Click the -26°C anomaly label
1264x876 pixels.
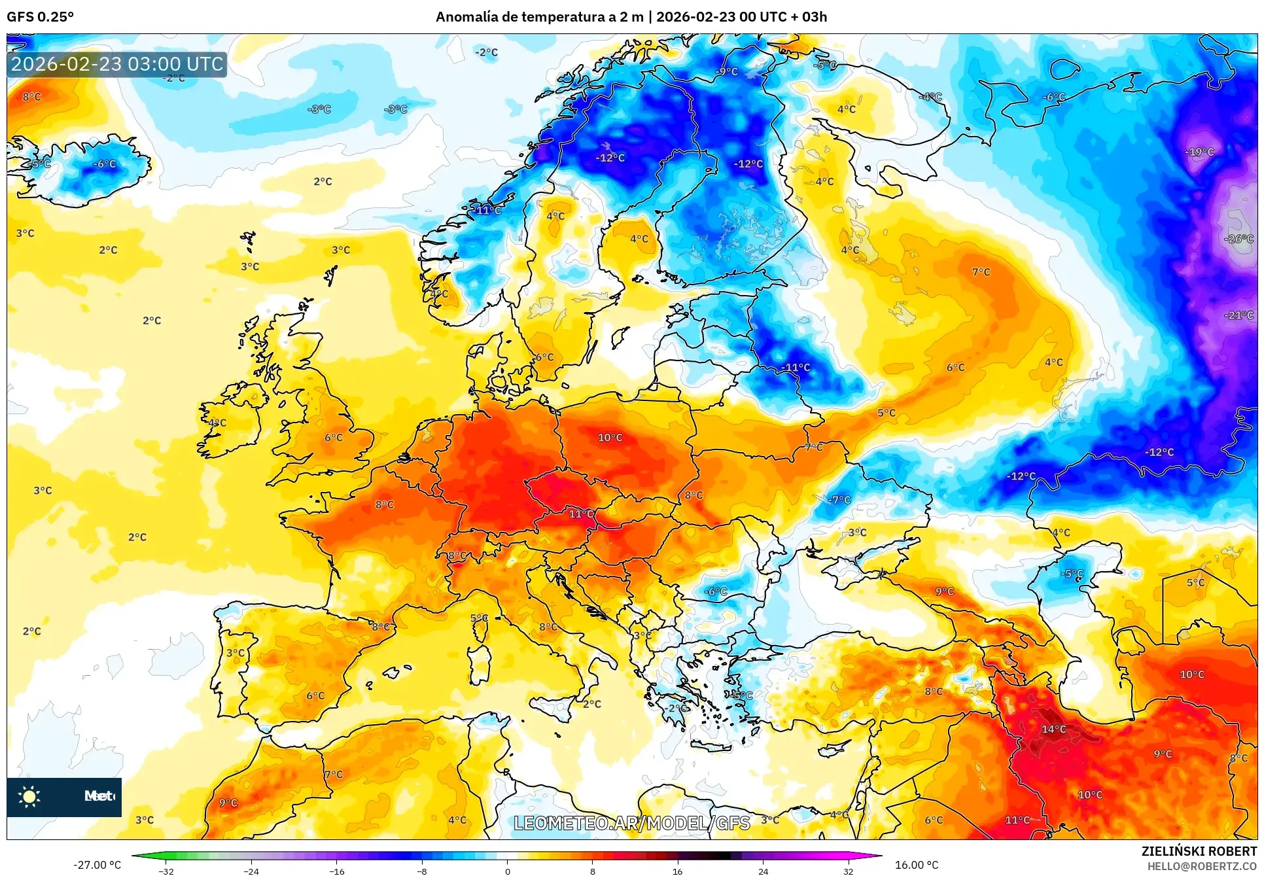click(1238, 239)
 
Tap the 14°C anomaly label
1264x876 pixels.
click(1053, 729)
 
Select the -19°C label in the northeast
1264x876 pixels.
click(1199, 152)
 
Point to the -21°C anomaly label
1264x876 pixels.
click(1238, 315)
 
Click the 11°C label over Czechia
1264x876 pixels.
click(581, 514)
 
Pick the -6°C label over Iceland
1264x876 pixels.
click(104, 164)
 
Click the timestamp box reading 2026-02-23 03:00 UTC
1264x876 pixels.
click(117, 64)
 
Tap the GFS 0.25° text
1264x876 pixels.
click(40, 17)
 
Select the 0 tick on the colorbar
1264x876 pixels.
click(507, 871)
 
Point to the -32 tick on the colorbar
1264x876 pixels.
click(166, 871)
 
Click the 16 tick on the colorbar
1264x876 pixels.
click(677, 871)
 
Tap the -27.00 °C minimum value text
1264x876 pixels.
click(97, 865)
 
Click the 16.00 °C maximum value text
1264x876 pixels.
click(916, 865)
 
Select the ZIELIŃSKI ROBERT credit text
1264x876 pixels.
click(1199, 851)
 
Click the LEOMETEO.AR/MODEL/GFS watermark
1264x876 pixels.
click(631, 823)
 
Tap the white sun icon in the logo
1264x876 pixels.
click(29, 796)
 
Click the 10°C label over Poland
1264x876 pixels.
click(610, 438)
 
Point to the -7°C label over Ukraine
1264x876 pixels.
click(839, 500)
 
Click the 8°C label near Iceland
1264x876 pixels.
click(31, 97)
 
